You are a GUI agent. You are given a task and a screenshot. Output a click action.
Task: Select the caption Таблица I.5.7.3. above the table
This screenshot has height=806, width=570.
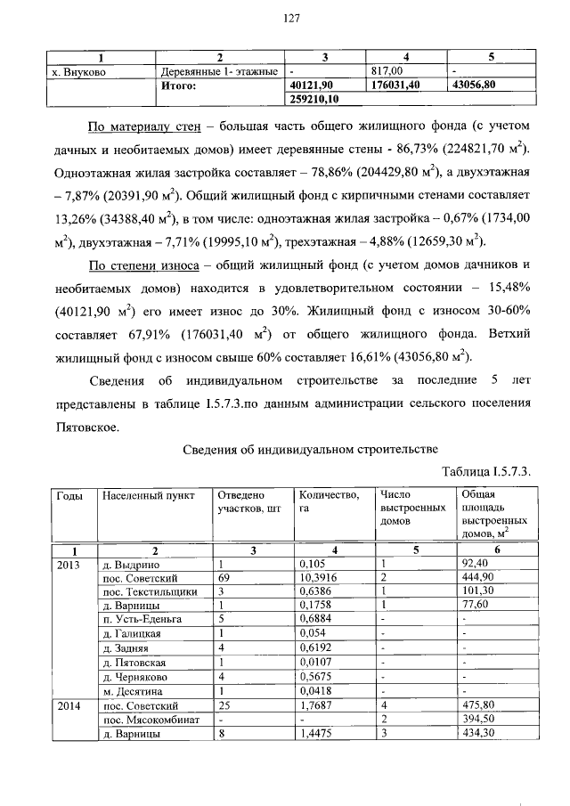[485, 471]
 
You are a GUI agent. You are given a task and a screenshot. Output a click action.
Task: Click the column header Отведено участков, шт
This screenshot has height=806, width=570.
[241, 501]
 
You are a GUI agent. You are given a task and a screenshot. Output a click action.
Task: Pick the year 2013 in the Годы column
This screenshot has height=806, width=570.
[69, 564]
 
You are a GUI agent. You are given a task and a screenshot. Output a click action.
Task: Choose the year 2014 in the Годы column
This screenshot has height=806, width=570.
[69, 704]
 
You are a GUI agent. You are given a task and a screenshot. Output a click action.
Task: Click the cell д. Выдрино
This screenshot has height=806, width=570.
[129, 564]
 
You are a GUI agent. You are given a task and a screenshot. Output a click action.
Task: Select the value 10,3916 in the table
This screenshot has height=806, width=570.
[320, 577]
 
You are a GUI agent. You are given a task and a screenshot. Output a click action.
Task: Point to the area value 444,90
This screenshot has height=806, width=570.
[478, 577]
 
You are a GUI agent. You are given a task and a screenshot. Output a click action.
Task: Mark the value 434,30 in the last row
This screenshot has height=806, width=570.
[478, 731]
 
